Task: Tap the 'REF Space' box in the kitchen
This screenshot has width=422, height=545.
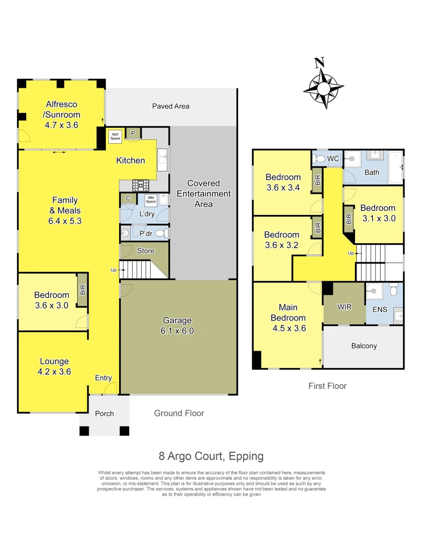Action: coord(115,136)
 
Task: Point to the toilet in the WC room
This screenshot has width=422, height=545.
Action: coord(319,159)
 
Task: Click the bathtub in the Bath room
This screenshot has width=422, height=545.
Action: coord(396,167)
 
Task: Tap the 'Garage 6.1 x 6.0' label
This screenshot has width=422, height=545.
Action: coord(177,325)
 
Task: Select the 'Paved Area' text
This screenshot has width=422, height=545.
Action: coord(170,106)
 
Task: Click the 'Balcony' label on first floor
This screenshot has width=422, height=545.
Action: coord(364,346)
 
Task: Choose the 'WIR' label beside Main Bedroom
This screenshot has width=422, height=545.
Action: coord(344,307)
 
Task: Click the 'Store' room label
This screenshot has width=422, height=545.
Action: coord(146,251)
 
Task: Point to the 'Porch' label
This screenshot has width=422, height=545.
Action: coord(104,413)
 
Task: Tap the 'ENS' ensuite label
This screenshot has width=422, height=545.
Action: coord(379,309)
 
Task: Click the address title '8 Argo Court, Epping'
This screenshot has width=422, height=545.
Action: coord(211,456)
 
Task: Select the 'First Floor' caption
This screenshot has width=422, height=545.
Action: coord(327,386)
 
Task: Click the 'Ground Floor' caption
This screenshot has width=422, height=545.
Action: coord(179,413)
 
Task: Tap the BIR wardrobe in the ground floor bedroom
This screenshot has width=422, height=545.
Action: coord(83,290)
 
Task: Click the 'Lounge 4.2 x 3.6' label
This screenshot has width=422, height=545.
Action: coord(54,366)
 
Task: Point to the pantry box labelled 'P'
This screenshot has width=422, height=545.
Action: coord(133,133)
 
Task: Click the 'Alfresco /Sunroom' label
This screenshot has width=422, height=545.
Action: coord(62,110)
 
